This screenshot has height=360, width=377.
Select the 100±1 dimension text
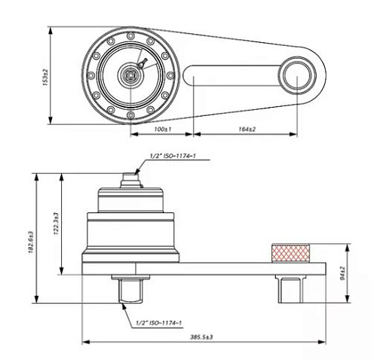click(x=160, y=130)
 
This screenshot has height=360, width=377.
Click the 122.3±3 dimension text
click(x=54, y=224)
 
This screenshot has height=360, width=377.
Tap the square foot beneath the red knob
click(x=289, y=286)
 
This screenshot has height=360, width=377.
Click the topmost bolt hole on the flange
click(x=133, y=35)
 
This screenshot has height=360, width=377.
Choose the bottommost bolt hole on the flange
click(x=133, y=115)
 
